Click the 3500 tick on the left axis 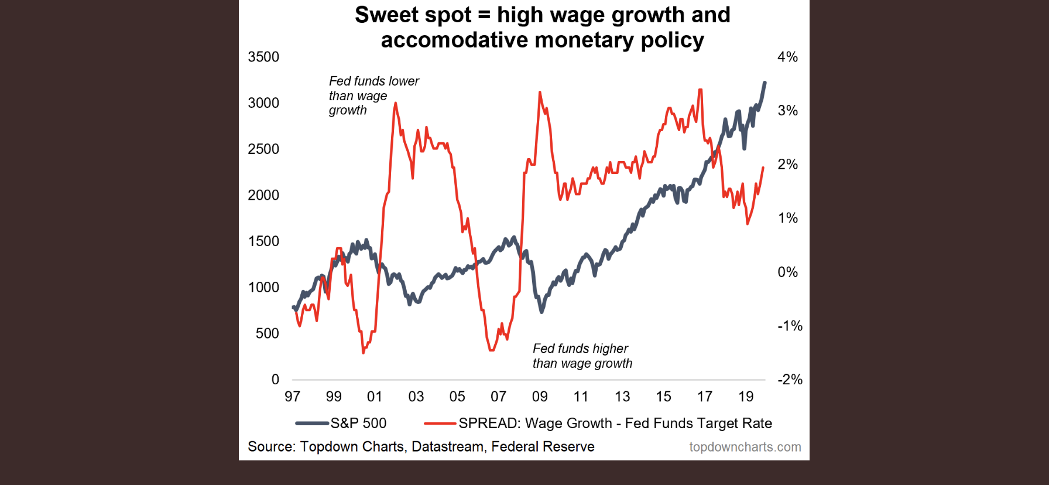(x=263, y=57)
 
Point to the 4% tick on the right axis (x=787, y=57)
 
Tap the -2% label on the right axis (x=789, y=380)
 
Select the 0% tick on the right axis (x=787, y=272)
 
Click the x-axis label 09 (x=539, y=397)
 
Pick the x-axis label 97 (x=292, y=397)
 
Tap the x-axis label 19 (x=745, y=397)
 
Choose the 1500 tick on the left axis (x=263, y=241)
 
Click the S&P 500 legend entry (x=358, y=423)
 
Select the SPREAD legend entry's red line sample (x=440, y=423)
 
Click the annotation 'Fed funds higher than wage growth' (x=582, y=356)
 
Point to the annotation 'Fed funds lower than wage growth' (x=373, y=95)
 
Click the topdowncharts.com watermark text (x=745, y=447)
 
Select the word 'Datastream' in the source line (x=447, y=446)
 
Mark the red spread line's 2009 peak (x=540, y=93)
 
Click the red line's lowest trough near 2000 (x=364, y=353)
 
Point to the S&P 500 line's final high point (x=765, y=83)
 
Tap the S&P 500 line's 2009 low (x=541, y=312)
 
